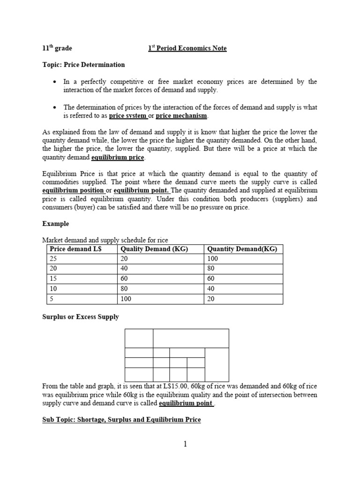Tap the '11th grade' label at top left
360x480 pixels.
[57, 48]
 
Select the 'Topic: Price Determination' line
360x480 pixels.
[84, 64]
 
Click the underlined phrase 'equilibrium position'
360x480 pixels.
[73, 190]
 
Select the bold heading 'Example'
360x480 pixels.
[55, 224]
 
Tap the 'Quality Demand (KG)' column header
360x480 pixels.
[154, 249]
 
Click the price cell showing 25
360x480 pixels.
[53, 259]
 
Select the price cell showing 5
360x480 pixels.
[51, 299]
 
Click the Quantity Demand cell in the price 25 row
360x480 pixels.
[212, 259]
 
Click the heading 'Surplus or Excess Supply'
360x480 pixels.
[80, 317]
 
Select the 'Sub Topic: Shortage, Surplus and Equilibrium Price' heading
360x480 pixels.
[121, 420]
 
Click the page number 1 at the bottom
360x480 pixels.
[186, 444]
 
